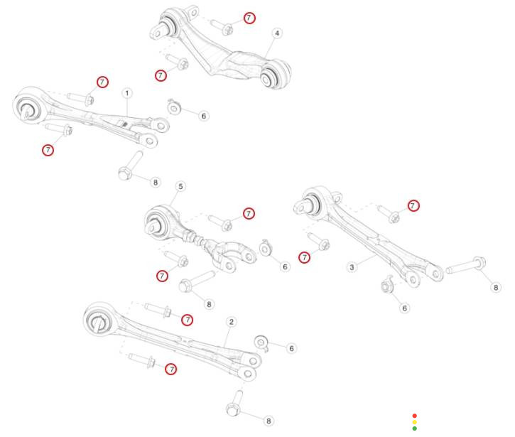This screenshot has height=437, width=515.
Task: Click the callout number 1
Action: pyautogui.click(x=126, y=93)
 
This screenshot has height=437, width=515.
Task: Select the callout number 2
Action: pyautogui.click(x=231, y=322)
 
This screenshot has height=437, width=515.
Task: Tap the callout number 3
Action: pyautogui.click(x=352, y=268)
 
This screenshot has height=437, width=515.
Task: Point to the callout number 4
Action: pyautogui.click(x=276, y=33)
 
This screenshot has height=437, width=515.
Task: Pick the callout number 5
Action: pyautogui.click(x=180, y=186)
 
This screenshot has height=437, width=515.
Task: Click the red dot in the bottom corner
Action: pyautogui.click(x=414, y=416)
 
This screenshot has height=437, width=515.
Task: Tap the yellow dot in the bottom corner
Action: pyautogui.click(x=414, y=422)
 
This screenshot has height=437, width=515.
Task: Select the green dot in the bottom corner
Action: pyautogui.click(x=414, y=428)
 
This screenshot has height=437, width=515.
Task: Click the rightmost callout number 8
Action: pyautogui.click(x=497, y=286)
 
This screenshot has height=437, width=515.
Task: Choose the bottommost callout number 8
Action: pyautogui.click(x=268, y=421)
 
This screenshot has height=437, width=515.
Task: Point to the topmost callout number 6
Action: pyautogui.click(x=203, y=116)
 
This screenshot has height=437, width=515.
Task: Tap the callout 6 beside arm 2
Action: pyautogui.click(x=291, y=348)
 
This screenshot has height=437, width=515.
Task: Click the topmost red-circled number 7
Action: pyautogui.click(x=249, y=18)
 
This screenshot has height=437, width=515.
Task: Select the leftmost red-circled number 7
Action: pyautogui.click(x=48, y=150)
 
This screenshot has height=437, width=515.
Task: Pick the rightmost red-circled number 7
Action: pyautogui.click(x=413, y=205)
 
